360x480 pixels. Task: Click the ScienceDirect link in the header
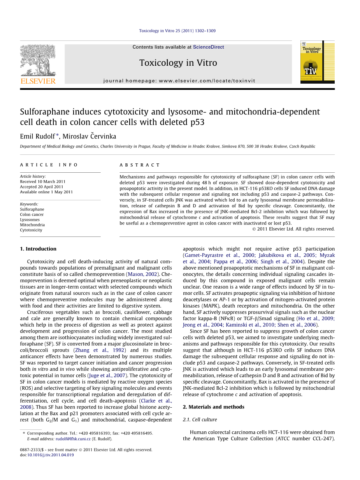click(208, 47)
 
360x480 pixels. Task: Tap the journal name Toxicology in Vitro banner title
click(178, 63)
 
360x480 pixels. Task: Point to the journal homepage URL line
click(179, 81)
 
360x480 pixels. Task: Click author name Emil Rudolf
click(38, 136)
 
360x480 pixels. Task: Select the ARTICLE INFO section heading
click(49, 165)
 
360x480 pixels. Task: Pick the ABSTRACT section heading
click(140, 165)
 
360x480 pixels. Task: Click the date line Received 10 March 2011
click(43, 182)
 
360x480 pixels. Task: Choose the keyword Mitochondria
click(32, 225)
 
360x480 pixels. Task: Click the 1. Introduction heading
click(38, 249)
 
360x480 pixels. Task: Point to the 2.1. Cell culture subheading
click(200, 420)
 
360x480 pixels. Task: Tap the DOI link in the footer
click(50, 455)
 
